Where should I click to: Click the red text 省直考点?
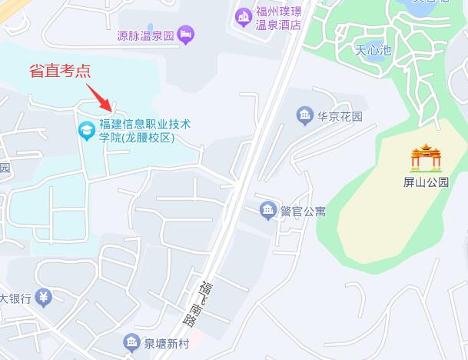click(x=60, y=72)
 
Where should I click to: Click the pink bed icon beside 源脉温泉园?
click(x=185, y=34)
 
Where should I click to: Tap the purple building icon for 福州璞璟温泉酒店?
click(x=244, y=15)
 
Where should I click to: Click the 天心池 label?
click(x=373, y=51)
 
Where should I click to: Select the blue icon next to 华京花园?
click(x=304, y=117)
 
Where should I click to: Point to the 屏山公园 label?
click(x=426, y=183)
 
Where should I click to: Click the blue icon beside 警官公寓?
click(x=267, y=210)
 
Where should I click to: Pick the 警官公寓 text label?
click(x=303, y=211)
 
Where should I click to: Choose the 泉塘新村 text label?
click(x=167, y=342)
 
